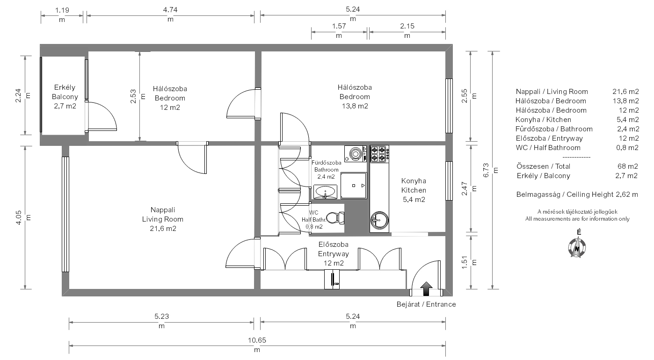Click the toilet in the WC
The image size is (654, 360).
coord(335,218)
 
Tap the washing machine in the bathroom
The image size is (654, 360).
coord(356,153)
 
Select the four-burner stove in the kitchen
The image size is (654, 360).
coord(379,154)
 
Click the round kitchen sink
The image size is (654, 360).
coord(379,220)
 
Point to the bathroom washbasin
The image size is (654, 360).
coord(325,192)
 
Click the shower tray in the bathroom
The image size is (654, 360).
coord(354,186)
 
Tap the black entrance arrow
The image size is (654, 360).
coord(426,288)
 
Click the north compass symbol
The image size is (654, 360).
coord(577,247)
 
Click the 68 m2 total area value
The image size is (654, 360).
coord(627,166)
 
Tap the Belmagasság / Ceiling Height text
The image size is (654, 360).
coord(565,194)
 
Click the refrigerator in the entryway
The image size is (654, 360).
coord(332,279)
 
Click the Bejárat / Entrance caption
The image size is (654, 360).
coord(426,304)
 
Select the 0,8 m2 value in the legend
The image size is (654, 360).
coord(627,148)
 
